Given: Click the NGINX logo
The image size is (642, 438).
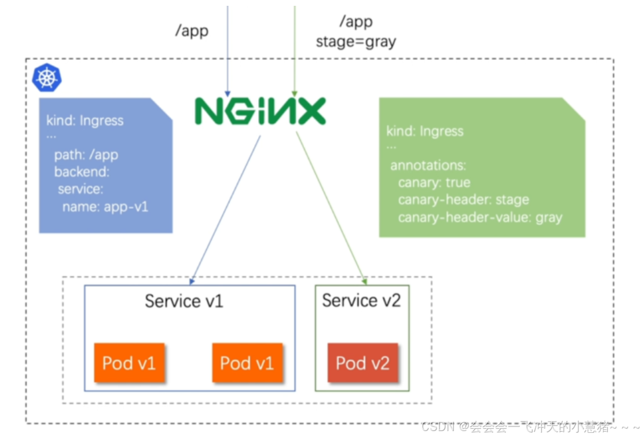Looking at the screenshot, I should coord(260,111).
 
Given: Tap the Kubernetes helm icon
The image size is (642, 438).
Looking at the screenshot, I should coord(47,78).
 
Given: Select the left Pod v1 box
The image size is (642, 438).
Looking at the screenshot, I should coord(129,363).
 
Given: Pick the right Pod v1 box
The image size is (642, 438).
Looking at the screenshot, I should coord(247,363).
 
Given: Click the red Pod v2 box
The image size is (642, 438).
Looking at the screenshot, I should coord(362,363).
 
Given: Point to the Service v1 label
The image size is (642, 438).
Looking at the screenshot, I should coord(184,301).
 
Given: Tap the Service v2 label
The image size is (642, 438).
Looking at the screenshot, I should coord(361,301).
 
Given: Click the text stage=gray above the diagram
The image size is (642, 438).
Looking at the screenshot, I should coord(355,42).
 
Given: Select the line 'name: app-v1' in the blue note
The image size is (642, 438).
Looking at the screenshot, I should coord(105,206).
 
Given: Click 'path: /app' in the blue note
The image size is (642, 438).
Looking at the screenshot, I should coord(86,155).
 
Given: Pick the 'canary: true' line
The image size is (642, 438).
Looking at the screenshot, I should coord(434,183).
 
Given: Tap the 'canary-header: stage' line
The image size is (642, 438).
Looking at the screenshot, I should coord(463,200).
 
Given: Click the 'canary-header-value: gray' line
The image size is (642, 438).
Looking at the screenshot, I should coord(480,218).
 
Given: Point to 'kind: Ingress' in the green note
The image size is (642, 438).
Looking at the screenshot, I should coord(425,131).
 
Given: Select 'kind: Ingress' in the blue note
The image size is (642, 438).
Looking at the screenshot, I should coord(85,121).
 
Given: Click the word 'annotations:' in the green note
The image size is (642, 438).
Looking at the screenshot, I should coord(428,166).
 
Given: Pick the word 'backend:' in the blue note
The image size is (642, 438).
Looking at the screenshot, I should coord(82,172).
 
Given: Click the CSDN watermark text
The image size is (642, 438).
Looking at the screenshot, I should coord(530,428).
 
